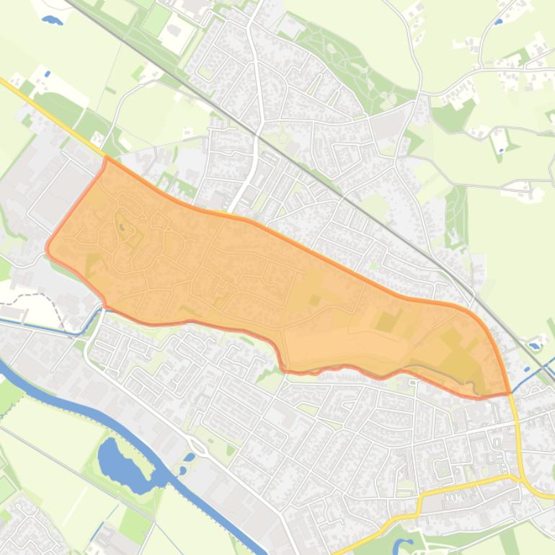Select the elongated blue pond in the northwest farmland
click(53, 20)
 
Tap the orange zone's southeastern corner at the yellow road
click(508, 393)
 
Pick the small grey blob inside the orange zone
click(122, 228)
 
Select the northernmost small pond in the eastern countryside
click(499, 22)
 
